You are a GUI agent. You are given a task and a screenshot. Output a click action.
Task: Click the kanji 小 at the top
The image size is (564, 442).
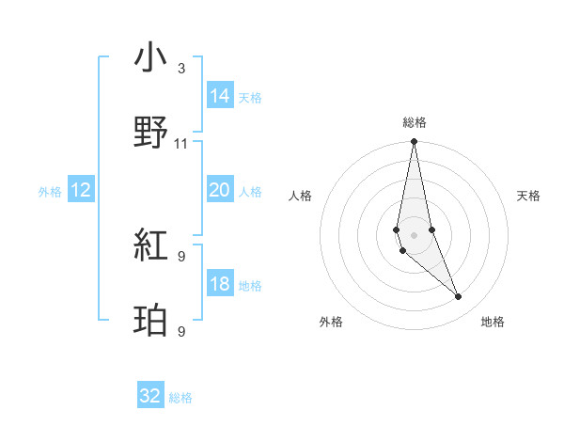pyautogui.click(x=151, y=58)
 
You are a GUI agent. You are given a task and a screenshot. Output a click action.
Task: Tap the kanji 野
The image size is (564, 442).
pyautogui.click(x=151, y=133)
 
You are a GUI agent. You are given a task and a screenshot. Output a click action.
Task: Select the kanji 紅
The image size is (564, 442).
pyautogui.click(x=151, y=246)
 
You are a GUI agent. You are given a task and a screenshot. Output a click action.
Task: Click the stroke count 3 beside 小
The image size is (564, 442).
pyautogui.click(x=181, y=69)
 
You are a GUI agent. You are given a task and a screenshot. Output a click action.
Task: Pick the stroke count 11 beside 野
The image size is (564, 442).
pyautogui.click(x=181, y=144)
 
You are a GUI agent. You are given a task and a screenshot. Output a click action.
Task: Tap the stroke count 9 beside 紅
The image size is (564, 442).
pyautogui.click(x=181, y=257)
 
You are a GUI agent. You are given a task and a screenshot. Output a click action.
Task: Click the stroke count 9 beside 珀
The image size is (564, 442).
pyautogui.click(x=181, y=331)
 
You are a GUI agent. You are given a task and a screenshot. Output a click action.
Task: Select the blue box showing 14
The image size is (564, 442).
pyautogui.click(x=220, y=95)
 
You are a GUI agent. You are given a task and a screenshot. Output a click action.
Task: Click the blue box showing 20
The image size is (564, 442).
pyautogui.click(x=220, y=190)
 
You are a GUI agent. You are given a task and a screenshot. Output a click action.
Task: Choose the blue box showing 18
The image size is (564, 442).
pyautogui.click(x=220, y=284)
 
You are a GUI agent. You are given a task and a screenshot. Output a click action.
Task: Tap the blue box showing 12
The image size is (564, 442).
pyautogui.click(x=81, y=190)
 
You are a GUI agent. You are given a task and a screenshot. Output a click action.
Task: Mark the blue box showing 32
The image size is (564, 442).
pyautogui.click(x=150, y=396)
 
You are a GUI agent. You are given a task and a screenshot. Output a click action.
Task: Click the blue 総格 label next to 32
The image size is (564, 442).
pyautogui.click(x=180, y=398)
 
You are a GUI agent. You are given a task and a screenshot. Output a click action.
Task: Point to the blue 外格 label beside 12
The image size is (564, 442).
pyautogui.click(x=50, y=191)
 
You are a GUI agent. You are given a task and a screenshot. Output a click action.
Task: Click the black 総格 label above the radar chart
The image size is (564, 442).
pyautogui.click(x=415, y=122)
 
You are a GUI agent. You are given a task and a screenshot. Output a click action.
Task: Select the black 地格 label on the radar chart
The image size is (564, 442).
pyautogui.click(x=493, y=322)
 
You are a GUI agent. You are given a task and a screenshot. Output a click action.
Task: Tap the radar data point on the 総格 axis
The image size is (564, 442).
pyautogui.click(x=414, y=143)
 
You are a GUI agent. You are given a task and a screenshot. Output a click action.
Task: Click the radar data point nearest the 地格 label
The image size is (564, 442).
pyautogui.click(x=459, y=297)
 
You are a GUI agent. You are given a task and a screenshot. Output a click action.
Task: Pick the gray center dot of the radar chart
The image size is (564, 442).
pyautogui.click(x=414, y=235)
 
